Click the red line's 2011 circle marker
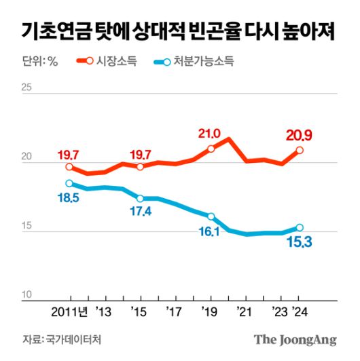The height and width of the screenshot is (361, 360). click(x=69, y=167)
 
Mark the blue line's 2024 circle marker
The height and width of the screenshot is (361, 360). click(x=300, y=228)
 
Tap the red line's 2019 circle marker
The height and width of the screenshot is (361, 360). click(x=211, y=149)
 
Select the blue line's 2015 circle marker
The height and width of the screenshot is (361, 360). click(x=140, y=198)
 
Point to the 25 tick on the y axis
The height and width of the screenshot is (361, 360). click(x=27, y=87)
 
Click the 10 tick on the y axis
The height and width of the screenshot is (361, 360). click(x=27, y=294)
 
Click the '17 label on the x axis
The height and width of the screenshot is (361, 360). click(x=175, y=313)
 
